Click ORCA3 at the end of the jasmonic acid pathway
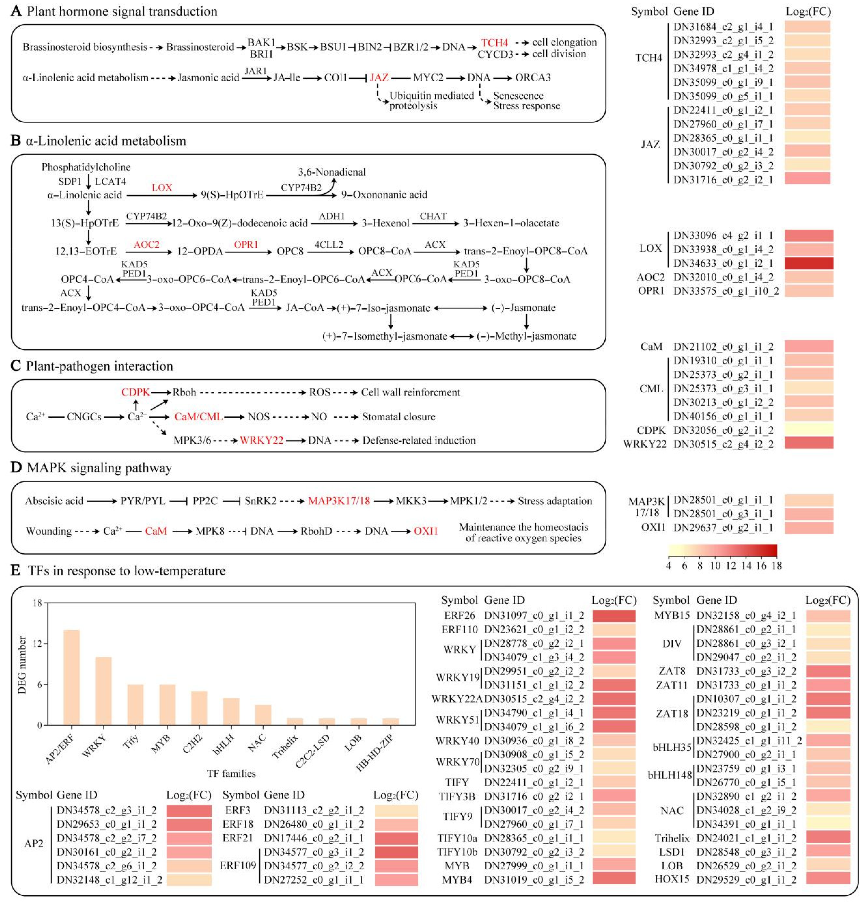[533, 78]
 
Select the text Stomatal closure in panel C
[398, 416]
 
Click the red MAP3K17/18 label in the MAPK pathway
[339, 501]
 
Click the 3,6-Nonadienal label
[332, 172]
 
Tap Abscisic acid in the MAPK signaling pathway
[54, 501]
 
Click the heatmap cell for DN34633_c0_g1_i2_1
[808, 263]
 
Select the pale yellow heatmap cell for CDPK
[808, 430]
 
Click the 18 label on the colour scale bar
[776, 565]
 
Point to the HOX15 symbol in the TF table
[672, 879]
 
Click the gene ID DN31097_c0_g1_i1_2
[534, 616]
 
